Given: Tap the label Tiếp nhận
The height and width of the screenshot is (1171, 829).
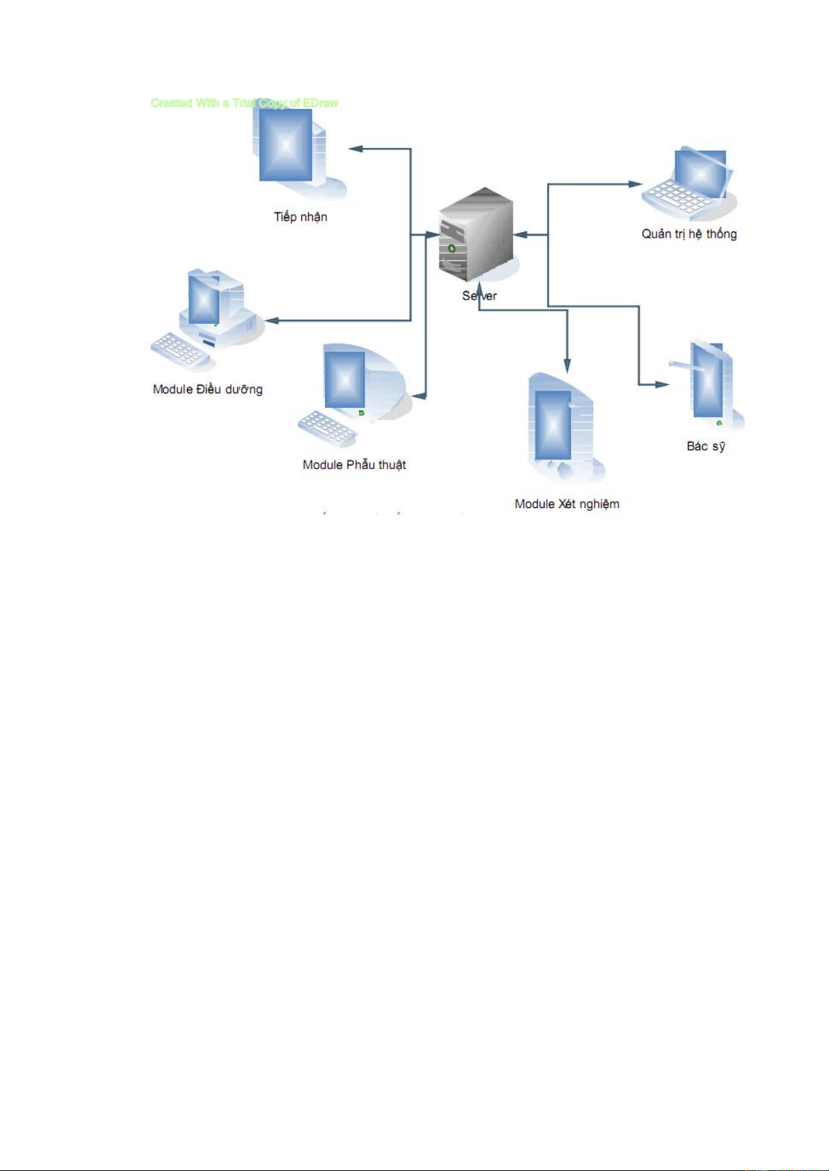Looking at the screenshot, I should click(x=300, y=217).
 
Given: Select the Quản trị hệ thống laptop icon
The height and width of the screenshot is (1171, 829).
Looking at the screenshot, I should click(x=689, y=185).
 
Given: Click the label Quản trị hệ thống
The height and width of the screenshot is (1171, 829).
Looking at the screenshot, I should click(x=689, y=234).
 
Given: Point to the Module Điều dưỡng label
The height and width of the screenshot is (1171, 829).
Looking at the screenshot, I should click(x=208, y=389).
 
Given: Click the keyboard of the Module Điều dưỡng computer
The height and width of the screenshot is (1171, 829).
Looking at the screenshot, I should click(x=179, y=352).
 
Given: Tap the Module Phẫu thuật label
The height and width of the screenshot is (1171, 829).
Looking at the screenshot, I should click(x=354, y=465).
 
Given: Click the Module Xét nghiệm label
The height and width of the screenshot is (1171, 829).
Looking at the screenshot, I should click(x=567, y=504).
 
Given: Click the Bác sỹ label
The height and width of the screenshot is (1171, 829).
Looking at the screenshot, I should click(x=706, y=446).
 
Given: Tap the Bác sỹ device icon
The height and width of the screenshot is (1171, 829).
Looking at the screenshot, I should click(x=709, y=386).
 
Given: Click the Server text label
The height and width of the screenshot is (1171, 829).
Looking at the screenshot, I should click(x=479, y=296).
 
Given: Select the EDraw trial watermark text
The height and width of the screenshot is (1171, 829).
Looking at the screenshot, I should click(x=244, y=103).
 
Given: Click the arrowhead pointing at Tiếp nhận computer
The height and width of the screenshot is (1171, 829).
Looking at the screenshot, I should click(x=356, y=149).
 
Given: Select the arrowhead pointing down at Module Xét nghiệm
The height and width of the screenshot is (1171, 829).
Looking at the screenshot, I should click(x=567, y=366).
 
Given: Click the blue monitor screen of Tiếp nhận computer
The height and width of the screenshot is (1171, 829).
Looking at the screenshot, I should click(x=285, y=145).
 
